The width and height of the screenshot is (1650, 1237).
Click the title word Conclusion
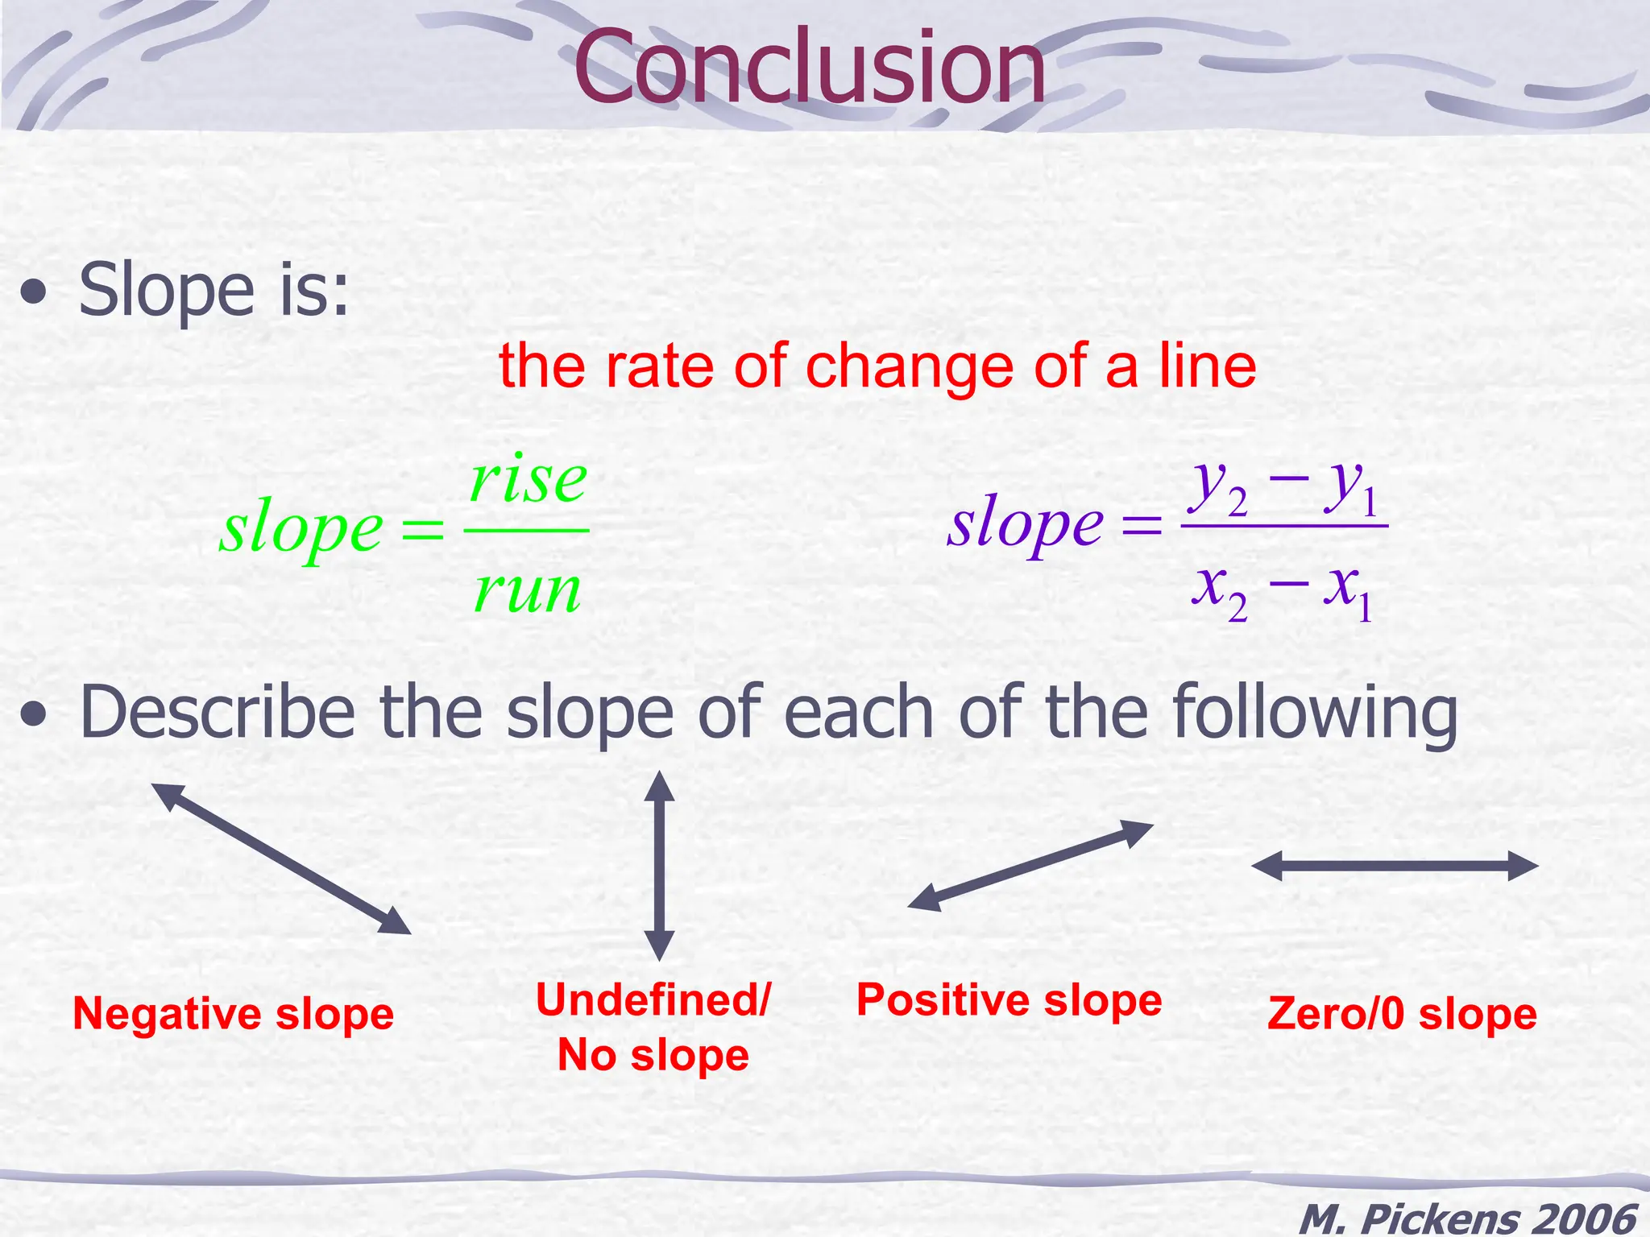click(x=809, y=68)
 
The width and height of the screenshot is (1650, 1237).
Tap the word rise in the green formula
click(x=529, y=480)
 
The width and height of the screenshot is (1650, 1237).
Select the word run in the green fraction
click(x=528, y=590)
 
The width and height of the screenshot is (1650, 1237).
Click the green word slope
click(x=301, y=531)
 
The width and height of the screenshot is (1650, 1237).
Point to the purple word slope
click(x=1025, y=525)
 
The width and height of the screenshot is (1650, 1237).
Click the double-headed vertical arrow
click(x=659, y=866)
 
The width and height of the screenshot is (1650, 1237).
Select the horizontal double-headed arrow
click(x=1395, y=867)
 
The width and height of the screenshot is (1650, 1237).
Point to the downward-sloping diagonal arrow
click(x=281, y=858)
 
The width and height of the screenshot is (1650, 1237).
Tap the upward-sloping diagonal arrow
click(x=1030, y=866)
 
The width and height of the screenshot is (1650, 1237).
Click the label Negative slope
click(x=233, y=1014)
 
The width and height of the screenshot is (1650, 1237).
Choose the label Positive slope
click(x=1009, y=1000)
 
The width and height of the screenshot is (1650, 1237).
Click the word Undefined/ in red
click(x=653, y=1000)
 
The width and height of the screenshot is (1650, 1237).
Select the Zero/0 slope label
click(x=1402, y=1014)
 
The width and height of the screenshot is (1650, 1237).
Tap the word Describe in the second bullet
click(x=218, y=713)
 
